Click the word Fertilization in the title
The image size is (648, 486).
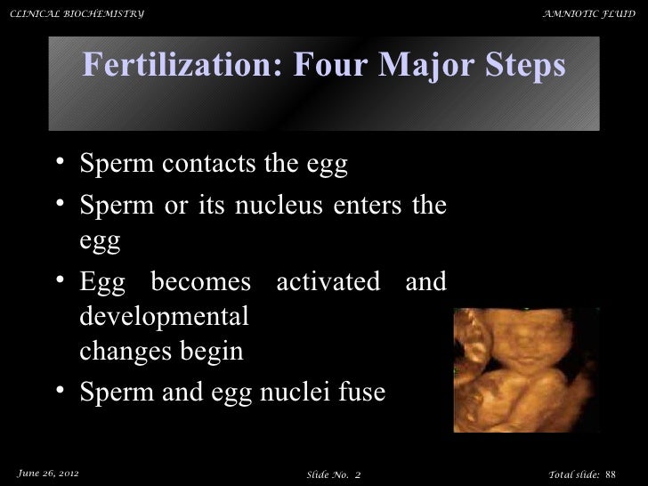[178, 66]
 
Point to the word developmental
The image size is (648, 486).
[165, 316]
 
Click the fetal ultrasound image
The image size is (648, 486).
[525, 369]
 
